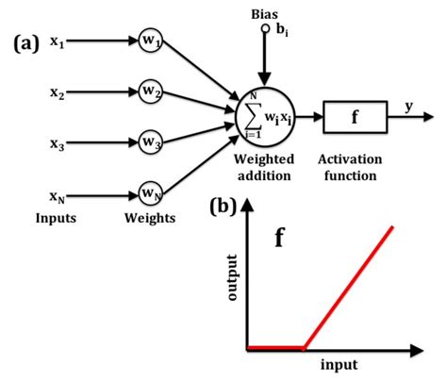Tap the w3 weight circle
150,142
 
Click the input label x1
57,42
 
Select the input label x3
57,143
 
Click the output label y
410,106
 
